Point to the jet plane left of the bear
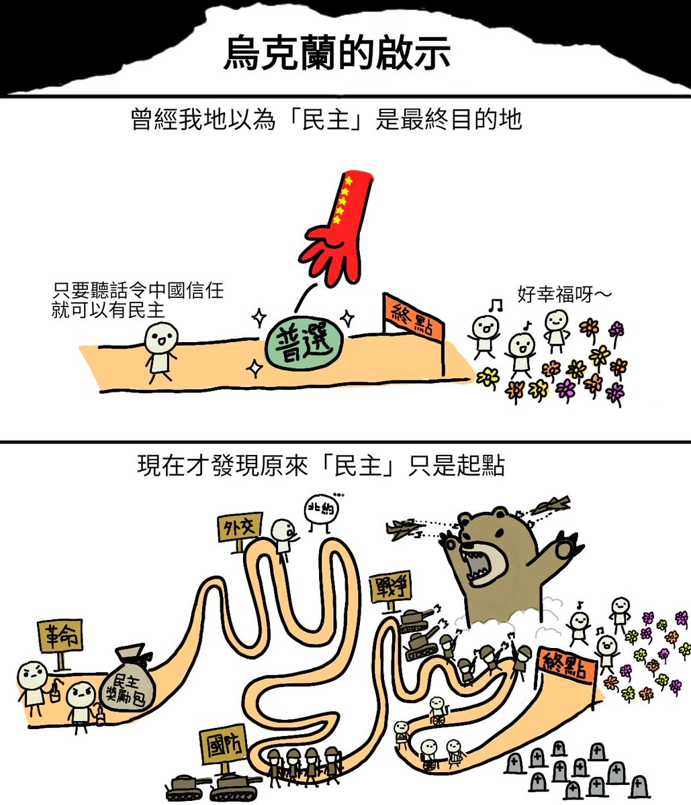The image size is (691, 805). [x=404, y=529]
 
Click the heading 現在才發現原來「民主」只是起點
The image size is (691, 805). [x=320, y=466]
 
